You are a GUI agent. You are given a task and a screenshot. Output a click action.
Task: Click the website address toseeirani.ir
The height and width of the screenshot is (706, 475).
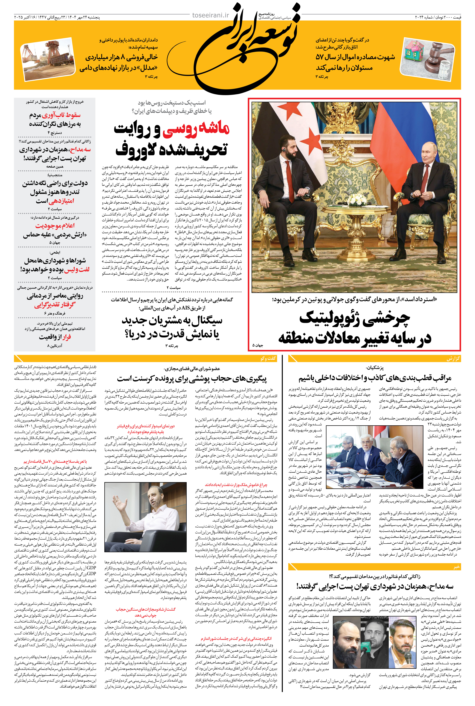tap(211, 15)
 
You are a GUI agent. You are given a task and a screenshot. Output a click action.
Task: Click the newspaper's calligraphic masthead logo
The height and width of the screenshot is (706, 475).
tap(242, 48)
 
